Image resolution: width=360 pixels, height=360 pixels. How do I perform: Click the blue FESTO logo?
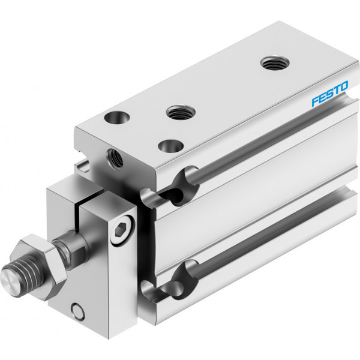329,94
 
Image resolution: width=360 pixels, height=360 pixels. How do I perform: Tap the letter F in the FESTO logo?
315,101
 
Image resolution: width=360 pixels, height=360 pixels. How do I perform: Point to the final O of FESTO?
344,86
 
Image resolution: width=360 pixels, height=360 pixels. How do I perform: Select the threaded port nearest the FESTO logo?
275,62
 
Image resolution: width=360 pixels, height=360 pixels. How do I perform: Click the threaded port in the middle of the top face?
181,112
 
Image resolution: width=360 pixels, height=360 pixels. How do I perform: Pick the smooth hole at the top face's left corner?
117,117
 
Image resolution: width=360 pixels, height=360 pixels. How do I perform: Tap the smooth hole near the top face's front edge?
171,146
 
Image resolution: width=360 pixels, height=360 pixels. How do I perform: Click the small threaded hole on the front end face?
115,158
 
